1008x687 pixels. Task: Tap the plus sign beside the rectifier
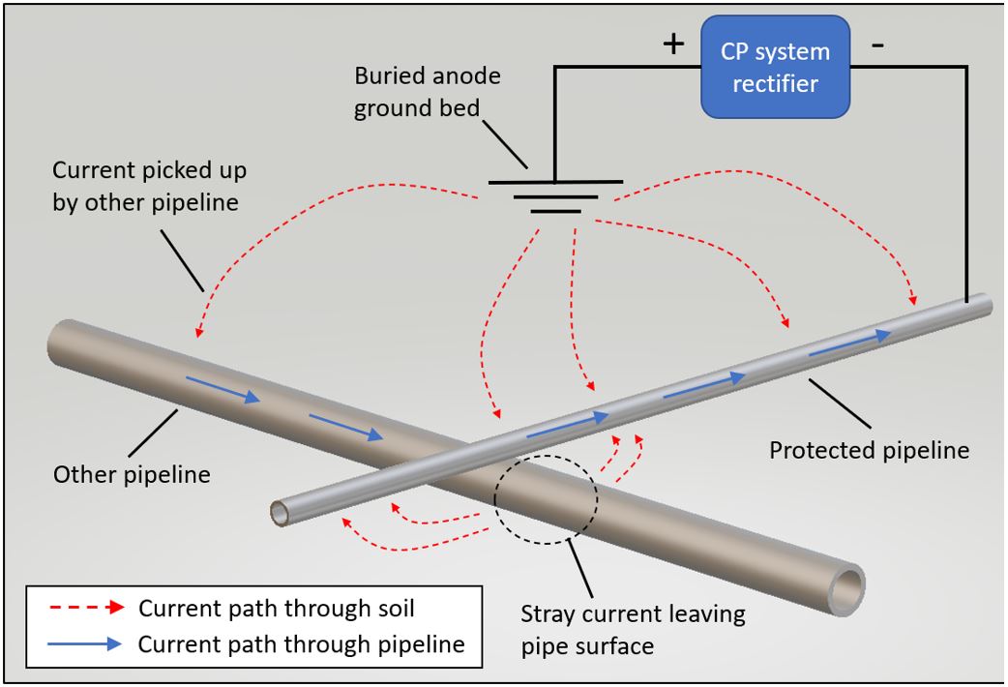pos(673,45)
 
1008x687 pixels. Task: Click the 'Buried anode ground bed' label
pos(428,92)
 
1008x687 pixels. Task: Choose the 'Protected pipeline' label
pos(868,450)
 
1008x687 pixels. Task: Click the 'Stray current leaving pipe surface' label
pos(633,629)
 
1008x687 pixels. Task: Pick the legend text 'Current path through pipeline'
pos(302,643)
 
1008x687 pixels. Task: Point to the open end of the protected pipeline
pos(281,512)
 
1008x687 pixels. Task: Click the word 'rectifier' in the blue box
pos(775,84)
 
